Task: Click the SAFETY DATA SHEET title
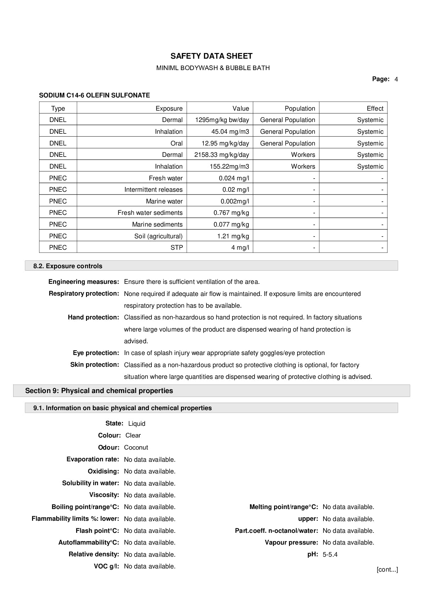211,56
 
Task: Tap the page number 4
396,79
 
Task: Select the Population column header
300,108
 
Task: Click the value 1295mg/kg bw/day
222,120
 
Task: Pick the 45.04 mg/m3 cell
230,132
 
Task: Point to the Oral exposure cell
176,143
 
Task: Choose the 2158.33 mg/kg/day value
221,155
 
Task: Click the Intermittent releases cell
153,190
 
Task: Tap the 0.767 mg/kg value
231,213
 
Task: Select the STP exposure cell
176,248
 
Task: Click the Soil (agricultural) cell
158,236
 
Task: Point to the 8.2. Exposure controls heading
68,266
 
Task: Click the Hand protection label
93,317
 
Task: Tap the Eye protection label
96,353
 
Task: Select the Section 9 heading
99,391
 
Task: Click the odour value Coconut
136,447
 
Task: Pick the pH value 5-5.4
330,555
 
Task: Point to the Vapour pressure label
291,542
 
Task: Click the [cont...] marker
387,569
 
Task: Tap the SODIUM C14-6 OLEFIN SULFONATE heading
94,95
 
